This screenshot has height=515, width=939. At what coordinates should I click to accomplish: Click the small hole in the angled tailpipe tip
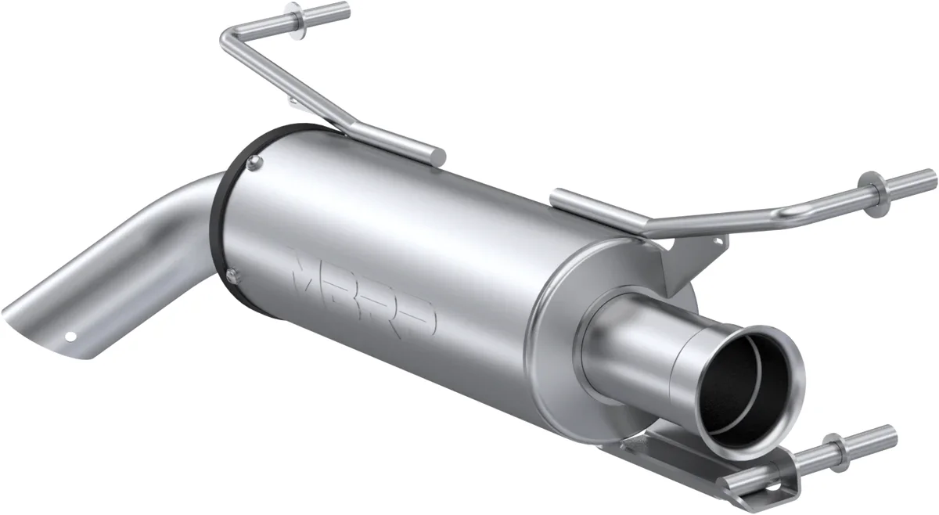71,338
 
